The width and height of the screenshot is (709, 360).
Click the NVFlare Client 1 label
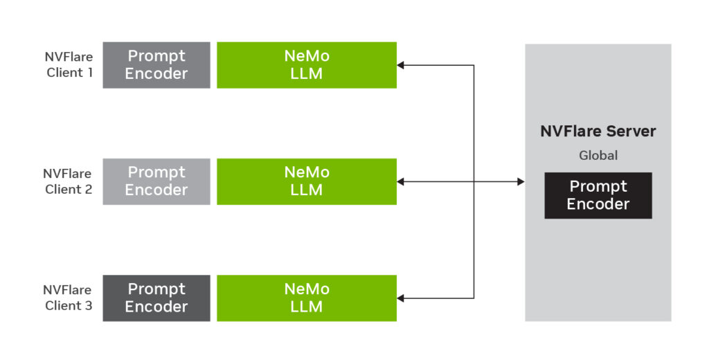click(x=69, y=64)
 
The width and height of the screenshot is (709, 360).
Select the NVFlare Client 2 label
click(x=68, y=181)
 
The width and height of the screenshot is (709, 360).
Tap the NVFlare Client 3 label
click(x=68, y=298)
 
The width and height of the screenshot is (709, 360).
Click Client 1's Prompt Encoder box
click(x=156, y=65)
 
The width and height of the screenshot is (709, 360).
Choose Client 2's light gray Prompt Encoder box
click(x=156, y=181)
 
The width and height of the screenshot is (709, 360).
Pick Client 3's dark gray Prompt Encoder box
click(x=156, y=298)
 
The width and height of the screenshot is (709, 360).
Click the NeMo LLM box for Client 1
click(x=307, y=65)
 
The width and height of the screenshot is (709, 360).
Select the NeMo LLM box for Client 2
click(x=307, y=181)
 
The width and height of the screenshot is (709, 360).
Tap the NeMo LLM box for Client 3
click(x=307, y=298)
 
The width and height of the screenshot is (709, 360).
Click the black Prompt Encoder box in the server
click(x=598, y=195)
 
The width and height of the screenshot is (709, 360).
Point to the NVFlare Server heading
click(x=598, y=131)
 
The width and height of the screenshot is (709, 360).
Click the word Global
click(x=598, y=156)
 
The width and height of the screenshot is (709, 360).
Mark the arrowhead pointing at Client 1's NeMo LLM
click(x=400, y=65)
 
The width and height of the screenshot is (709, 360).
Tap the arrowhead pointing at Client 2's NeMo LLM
click(x=400, y=181)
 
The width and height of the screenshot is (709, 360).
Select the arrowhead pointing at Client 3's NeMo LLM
click(x=400, y=298)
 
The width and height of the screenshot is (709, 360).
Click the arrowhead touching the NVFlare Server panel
click(x=521, y=181)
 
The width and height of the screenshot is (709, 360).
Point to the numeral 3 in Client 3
click(x=88, y=306)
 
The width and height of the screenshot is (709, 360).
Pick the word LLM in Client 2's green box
click(x=307, y=190)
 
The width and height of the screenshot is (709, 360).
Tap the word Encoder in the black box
click(x=598, y=204)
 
